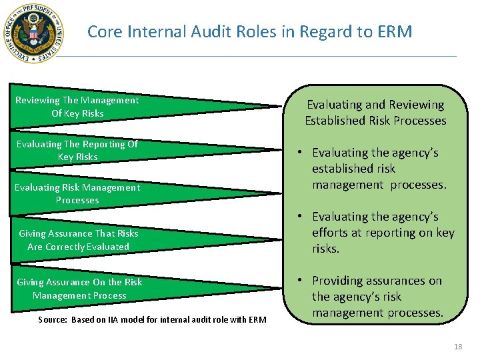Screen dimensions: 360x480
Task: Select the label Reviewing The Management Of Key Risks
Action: point(77,107)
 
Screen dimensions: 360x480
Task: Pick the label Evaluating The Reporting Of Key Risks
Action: point(77,150)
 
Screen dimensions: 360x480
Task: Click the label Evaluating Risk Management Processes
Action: point(77,193)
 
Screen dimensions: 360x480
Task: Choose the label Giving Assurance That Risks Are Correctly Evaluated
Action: point(79,240)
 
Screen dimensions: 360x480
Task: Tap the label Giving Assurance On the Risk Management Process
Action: point(79,289)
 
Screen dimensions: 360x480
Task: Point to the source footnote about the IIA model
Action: point(153,320)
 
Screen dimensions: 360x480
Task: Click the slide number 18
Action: point(457,347)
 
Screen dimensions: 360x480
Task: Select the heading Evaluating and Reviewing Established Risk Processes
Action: point(375,113)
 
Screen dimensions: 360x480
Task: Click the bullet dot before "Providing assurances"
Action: point(302,281)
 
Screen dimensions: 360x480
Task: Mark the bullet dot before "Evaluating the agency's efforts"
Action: point(302,217)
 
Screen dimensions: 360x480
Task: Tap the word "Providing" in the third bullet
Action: point(339,281)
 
